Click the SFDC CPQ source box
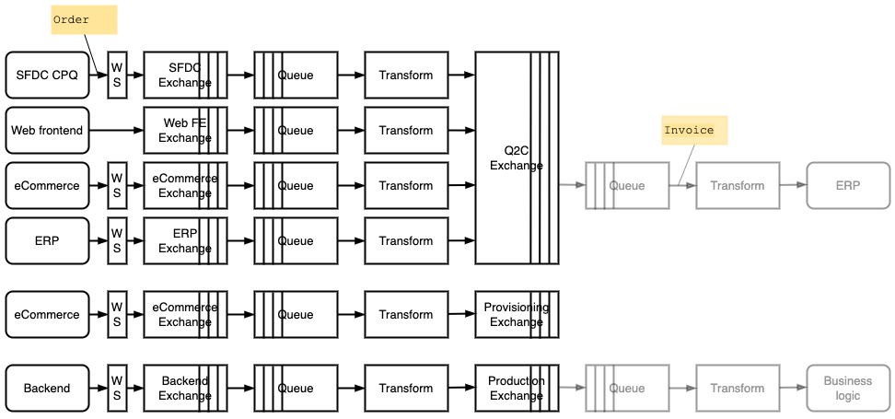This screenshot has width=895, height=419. [x=47, y=76]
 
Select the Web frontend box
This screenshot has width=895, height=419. [x=47, y=131]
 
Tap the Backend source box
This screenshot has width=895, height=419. [x=47, y=389]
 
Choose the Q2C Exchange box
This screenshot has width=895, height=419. [x=517, y=158]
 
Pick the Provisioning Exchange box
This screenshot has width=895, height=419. [x=517, y=315]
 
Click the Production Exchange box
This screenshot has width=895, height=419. [x=517, y=389]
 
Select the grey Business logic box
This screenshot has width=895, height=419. [x=848, y=389]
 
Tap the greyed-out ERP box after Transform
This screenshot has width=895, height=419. [x=848, y=186]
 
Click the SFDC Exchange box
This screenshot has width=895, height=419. [x=185, y=76]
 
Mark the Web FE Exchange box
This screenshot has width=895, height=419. [x=185, y=131]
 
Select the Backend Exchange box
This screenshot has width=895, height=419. [x=185, y=389]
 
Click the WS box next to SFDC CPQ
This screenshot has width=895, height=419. [x=117, y=76]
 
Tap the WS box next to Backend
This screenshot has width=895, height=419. [x=117, y=389]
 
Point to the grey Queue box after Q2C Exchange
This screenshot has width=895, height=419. [x=627, y=186]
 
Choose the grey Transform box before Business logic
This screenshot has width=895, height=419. [x=738, y=389]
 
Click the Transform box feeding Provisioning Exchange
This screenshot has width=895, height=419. [x=406, y=315]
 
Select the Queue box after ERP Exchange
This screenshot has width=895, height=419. [x=296, y=241]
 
